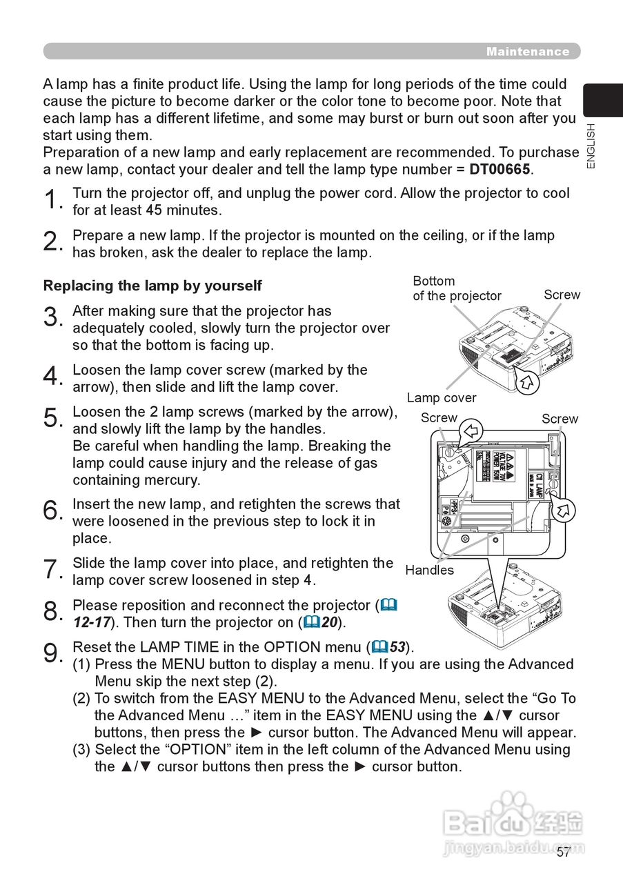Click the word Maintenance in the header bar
point(528,52)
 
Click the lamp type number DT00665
point(501,169)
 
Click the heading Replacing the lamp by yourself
point(152,285)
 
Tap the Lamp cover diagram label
point(441,397)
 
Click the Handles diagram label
point(429,570)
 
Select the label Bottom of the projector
point(456,288)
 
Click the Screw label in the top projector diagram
point(562,295)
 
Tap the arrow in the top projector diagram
point(528,381)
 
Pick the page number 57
point(564,852)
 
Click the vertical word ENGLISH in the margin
point(591,146)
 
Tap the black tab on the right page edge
point(603,100)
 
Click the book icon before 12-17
point(389,605)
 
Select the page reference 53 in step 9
point(398,647)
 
